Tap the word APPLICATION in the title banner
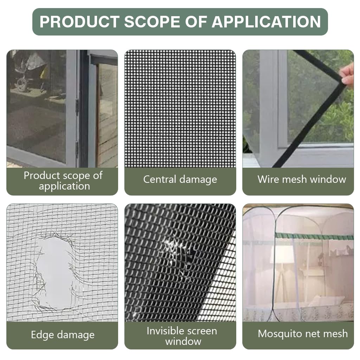(x=266, y=22)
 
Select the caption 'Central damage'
(x=180, y=180)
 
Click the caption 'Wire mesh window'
(x=302, y=179)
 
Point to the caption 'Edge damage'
(x=63, y=335)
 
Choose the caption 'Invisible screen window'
(x=182, y=336)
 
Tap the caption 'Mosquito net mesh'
(x=303, y=334)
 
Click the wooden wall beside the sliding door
(x=107, y=116)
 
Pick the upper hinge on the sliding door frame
(x=77, y=107)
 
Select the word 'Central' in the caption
(x=160, y=180)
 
